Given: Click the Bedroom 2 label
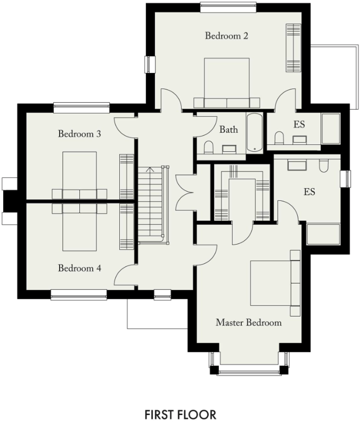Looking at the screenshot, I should click(x=227, y=36).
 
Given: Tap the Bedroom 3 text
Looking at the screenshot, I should click(x=80, y=134).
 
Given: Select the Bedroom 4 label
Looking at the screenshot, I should click(x=80, y=268).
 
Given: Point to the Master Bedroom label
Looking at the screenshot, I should click(x=248, y=322).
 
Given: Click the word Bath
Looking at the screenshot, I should click(x=228, y=129).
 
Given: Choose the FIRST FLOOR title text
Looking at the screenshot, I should click(x=180, y=414).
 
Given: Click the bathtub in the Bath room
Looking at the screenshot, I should click(x=253, y=133).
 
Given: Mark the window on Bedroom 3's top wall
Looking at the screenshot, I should click(x=81, y=108).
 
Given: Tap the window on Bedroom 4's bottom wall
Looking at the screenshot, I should click(x=78, y=293).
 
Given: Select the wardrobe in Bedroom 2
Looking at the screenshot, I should click(x=293, y=48).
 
